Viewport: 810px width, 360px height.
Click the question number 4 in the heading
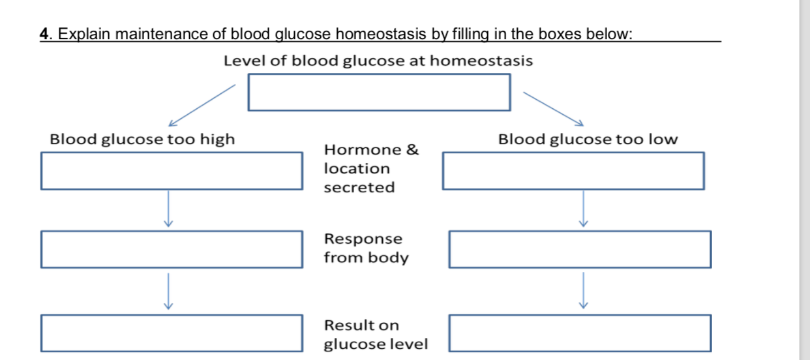(x=44, y=34)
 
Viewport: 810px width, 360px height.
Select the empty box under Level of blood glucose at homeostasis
(x=379, y=92)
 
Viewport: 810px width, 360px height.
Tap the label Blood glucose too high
(x=142, y=139)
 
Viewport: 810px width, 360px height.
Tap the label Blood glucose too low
(x=588, y=139)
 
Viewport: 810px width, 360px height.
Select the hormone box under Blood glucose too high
(x=172, y=171)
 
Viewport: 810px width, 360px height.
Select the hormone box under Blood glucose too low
(x=573, y=171)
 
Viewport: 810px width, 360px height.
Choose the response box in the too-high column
(x=172, y=249)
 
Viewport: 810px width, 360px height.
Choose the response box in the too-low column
(x=580, y=249)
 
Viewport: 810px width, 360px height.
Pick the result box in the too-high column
(x=172, y=333)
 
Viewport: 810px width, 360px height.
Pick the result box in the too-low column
(x=580, y=333)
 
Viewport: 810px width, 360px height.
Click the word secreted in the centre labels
(x=359, y=188)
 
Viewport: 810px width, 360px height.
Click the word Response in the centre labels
(x=363, y=239)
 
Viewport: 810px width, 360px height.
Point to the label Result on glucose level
(x=376, y=334)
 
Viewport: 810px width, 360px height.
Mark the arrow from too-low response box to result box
(x=584, y=291)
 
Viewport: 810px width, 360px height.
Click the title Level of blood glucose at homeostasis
(x=378, y=61)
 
